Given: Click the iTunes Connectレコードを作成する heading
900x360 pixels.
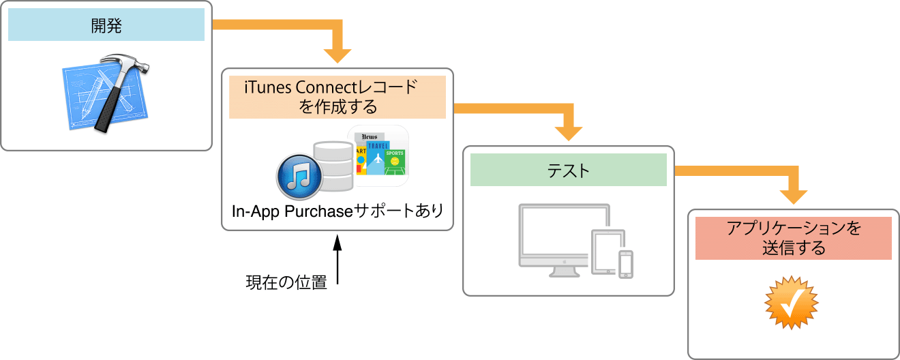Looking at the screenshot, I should pos(337,97).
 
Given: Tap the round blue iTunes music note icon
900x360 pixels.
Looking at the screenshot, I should pos(299,177).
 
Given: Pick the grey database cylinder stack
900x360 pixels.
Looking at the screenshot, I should pos(332,166).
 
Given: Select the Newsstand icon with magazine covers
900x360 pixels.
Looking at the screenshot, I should pos(378,156).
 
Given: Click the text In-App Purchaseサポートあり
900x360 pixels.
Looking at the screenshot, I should pos(337,211).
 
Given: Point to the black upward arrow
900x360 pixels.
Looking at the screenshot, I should pos(337,262).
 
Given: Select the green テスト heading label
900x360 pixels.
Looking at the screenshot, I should pos(568,170).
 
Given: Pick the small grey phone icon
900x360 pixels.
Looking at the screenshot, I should pos(626,265).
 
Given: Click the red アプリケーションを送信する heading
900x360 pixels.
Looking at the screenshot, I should pos(793,238).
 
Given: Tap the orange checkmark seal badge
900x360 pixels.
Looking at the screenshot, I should pos(791,303).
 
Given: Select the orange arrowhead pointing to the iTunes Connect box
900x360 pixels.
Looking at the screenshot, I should pos(337,55).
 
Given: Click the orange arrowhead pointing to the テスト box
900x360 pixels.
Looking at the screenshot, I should pos(568,132).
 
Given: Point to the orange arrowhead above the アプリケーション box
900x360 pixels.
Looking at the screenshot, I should pos(793,195).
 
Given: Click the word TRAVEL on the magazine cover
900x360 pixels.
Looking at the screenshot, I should pos(377,146).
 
